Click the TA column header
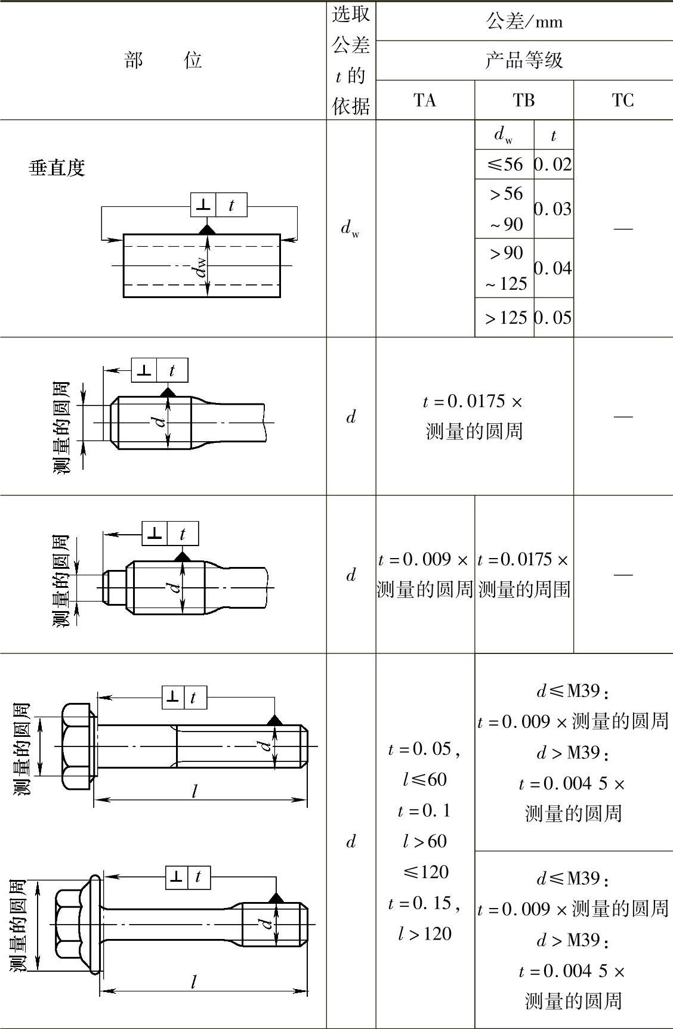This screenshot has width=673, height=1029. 425,100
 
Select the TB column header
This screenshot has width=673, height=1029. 524,100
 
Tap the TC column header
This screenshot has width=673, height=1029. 622,100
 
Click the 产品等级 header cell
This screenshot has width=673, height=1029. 524,60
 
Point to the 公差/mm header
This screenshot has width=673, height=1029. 524,21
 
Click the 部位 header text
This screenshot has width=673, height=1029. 163,60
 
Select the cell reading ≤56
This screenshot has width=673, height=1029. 505,164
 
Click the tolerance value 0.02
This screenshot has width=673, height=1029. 553,164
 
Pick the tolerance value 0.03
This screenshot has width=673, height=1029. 553,209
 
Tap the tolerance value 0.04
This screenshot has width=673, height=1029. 553,268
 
